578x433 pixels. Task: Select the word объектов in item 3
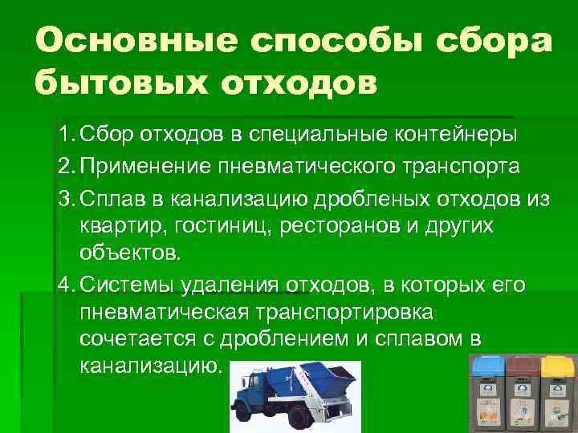(131, 255)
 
